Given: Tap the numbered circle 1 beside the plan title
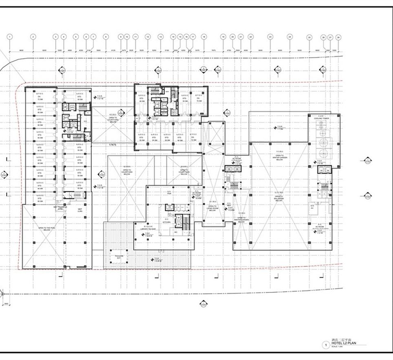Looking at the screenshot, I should (x=326, y=345).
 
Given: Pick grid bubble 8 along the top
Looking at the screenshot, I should (x=106, y=37).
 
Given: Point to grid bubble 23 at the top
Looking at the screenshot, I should (x=270, y=37).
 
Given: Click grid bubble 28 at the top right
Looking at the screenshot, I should (x=338, y=37).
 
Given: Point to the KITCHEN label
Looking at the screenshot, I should (x=167, y=222).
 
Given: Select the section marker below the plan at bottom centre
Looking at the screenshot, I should (x=202, y=303).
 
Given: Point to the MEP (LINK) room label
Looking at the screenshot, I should (x=80, y=211).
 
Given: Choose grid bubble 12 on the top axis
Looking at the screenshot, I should (x=148, y=37).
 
